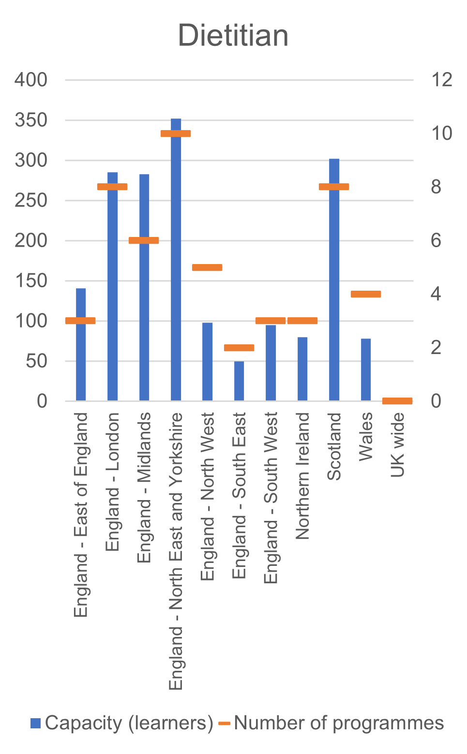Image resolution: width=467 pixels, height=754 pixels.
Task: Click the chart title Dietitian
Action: pyautogui.click(x=233, y=36)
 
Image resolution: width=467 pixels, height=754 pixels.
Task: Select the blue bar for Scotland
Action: pyautogui.click(x=334, y=290)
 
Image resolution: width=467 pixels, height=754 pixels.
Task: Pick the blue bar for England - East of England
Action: pyautogui.click(x=81, y=358)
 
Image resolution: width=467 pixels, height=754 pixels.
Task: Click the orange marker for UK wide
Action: pyautogui.click(x=397, y=400)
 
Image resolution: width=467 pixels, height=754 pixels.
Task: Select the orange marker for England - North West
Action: pyautogui.click(x=207, y=267)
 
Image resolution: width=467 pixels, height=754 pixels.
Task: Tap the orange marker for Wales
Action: pyautogui.click(x=366, y=294)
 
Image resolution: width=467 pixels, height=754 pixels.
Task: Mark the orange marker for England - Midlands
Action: pyautogui.click(x=144, y=240)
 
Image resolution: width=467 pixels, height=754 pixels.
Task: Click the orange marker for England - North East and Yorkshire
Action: pyautogui.click(x=176, y=133)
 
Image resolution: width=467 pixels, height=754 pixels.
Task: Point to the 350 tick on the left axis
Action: pyautogui.click(x=31, y=120)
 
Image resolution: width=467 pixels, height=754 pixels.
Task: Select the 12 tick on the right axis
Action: pyautogui.click(x=441, y=80)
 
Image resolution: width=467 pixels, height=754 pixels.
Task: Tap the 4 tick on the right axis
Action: pyautogui.click(x=436, y=294)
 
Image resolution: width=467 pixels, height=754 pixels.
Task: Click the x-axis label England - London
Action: pyautogui.click(x=112, y=481)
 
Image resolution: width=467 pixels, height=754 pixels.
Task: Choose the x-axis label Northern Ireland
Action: pyautogui.click(x=302, y=475)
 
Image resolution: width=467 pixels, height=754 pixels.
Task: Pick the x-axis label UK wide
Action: pyautogui.click(x=397, y=444)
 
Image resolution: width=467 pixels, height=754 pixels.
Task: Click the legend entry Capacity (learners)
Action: pyautogui.click(x=122, y=723)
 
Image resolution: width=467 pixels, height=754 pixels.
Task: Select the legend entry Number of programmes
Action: pyautogui.click(x=331, y=723)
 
